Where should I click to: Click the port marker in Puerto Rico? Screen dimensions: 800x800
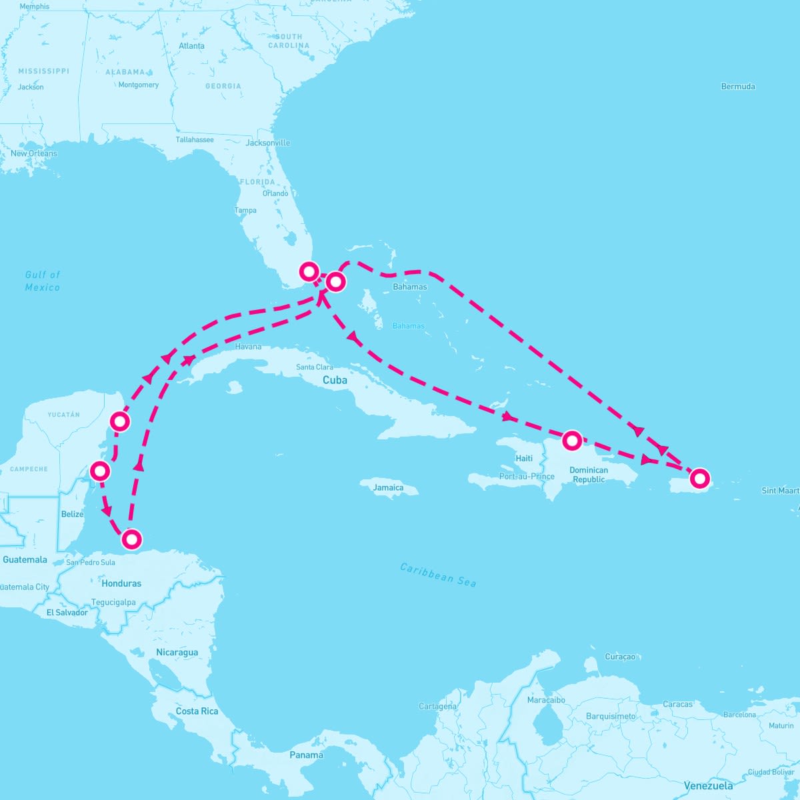699,478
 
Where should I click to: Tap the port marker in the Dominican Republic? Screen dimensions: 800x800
571,441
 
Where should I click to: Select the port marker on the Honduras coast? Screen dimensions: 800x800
132,539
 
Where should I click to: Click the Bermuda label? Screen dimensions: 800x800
738,87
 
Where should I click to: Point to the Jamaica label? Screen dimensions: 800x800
388,487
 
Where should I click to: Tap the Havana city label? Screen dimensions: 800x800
248,347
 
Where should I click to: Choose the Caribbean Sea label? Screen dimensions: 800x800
438,575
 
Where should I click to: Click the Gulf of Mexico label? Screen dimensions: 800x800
43,281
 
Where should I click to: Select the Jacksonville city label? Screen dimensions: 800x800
267,143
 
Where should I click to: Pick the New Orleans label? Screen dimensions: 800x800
33,153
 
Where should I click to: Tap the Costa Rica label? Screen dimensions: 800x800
197,711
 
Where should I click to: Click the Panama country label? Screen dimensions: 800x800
306,755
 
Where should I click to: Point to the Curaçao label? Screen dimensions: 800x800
620,657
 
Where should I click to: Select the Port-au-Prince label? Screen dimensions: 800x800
527,477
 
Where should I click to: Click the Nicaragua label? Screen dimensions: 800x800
177,652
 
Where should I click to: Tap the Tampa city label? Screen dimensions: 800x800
245,211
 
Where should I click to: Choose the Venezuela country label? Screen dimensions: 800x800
708,785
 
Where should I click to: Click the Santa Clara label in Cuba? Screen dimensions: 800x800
315,367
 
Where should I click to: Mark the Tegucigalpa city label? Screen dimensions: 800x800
113,603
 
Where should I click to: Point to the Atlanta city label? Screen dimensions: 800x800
191,46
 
